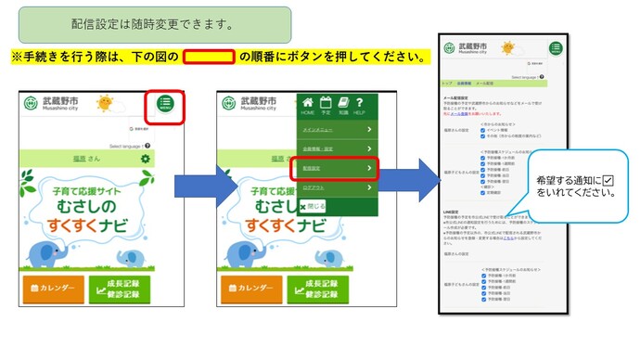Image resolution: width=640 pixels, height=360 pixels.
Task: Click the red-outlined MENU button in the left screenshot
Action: [166, 105]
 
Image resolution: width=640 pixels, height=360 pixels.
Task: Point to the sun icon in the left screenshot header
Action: [104, 102]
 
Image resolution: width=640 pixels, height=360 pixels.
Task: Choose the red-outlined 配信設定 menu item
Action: [337, 169]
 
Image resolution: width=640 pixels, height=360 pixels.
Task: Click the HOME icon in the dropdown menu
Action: [307, 105]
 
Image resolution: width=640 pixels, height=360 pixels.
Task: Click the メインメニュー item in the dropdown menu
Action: [337, 129]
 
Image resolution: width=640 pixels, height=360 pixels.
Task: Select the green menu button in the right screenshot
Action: [556, 49]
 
